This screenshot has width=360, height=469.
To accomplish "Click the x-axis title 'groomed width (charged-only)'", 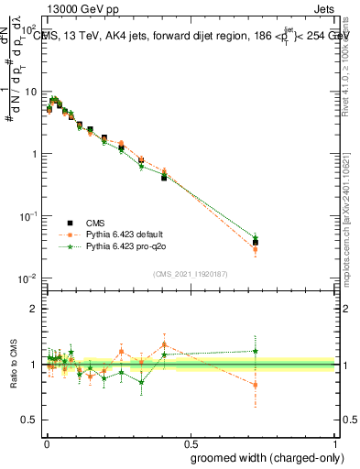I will coord(263,456).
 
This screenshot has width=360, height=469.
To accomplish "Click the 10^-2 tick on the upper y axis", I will coord(30,278).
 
